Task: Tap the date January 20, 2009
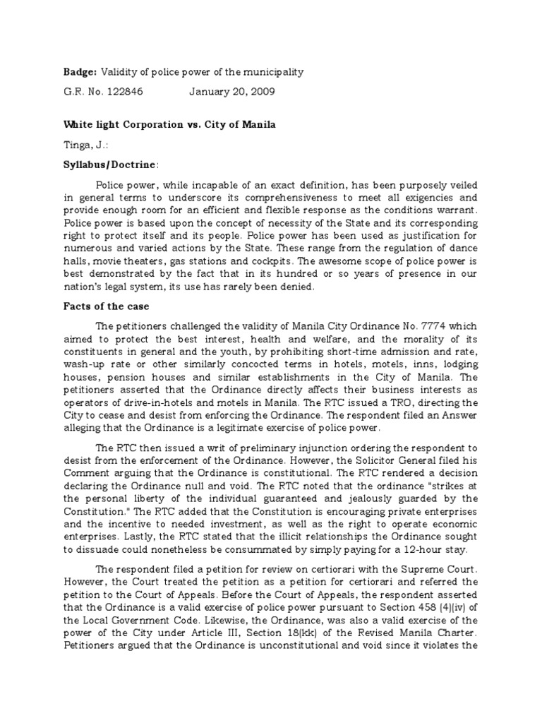tap(231, 92)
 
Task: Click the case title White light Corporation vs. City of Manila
tap(169, 125)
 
